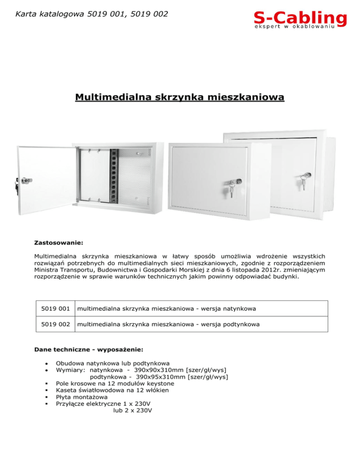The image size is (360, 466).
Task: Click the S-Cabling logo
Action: click(x=300, y=21)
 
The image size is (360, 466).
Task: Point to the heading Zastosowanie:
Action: click(x=59, y=244)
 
